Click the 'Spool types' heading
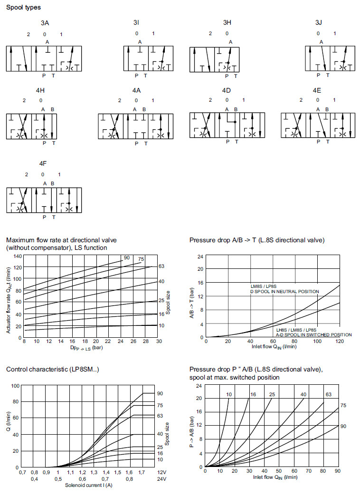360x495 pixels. (23, 8)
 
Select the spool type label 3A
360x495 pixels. (45, 22)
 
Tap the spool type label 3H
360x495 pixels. (227, 22)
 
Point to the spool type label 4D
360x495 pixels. (226, 90)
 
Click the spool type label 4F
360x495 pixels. (43, 163)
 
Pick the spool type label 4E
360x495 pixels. (317, 90)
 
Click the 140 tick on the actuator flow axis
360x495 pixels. (17, 256)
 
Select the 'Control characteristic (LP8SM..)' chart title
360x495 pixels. (53, 369)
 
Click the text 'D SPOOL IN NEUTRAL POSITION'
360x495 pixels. (285, 291)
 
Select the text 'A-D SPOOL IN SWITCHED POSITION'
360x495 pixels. (314, 334)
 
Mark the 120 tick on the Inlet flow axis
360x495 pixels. (340, 341)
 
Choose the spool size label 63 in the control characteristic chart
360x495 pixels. (160, 416)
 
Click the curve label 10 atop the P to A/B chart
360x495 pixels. (229, 395)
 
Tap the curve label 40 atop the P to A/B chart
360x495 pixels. (303, 395)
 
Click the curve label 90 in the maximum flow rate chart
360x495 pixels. (127, 257)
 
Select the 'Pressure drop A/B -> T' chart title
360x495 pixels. (257, 240)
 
